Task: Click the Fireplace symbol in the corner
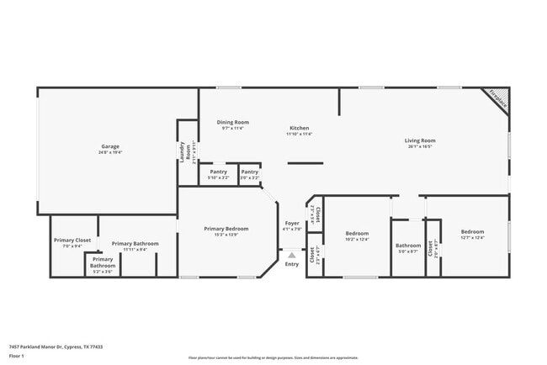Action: [x=498, y=99]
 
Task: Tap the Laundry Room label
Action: [x=182, y=151]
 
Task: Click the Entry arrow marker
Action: [x=291, y=255]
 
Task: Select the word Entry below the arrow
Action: [x=291, y=264]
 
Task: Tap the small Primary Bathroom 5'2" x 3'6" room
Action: [x=103, y=263]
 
